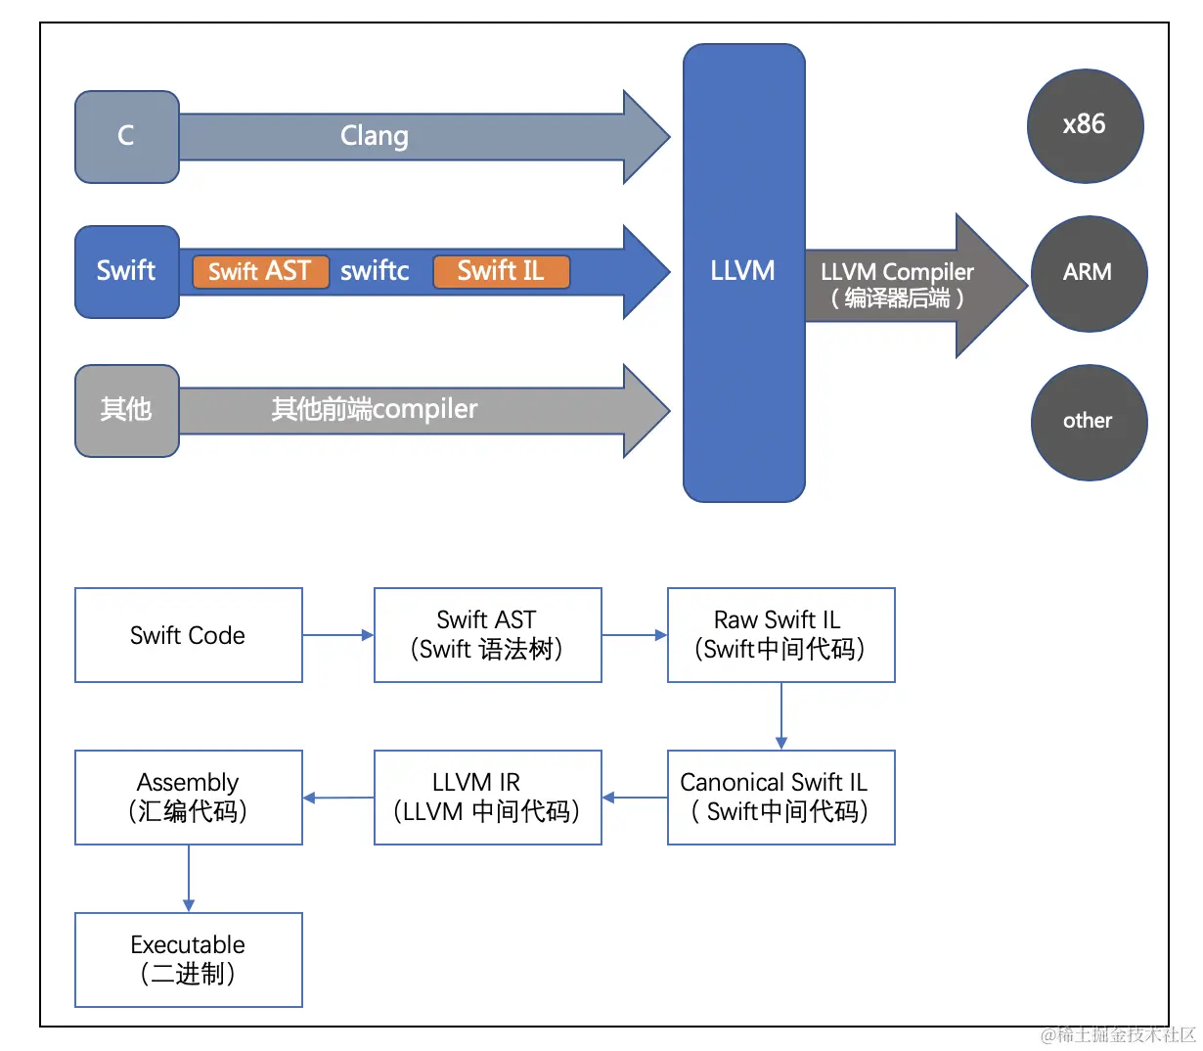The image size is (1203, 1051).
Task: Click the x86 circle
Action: click(x=1085, y=125)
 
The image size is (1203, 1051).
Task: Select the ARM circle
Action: click(x=1089, y=273)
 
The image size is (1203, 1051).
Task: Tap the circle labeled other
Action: click(x=1089, y=422)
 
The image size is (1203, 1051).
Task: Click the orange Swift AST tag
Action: click(x=260, y=271)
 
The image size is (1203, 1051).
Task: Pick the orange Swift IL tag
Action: click(x=501, y=271)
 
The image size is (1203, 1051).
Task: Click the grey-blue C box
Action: click(x=127, y=136)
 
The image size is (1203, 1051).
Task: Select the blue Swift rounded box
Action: click(x=127, y=271)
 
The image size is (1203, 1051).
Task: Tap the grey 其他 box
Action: click(x=127, y=410)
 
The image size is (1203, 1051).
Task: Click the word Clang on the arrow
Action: click(x=375, y=136)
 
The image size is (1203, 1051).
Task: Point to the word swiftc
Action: click(x=375, y=271)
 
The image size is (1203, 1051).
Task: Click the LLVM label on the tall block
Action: click(x=743, y=271)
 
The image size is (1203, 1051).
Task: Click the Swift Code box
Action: click(x=189, y=635)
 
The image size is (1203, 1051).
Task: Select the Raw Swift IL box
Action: click(x=780, y=635)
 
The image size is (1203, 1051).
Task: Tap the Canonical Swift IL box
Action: click(x=780, y=798)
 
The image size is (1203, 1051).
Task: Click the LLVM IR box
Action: click(x=487, y=798)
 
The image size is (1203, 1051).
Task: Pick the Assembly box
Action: click(x=189, y=798)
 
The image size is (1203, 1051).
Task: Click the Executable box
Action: click(x=189, y=960)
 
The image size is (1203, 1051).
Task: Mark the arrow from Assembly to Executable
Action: click(x=189, y=879)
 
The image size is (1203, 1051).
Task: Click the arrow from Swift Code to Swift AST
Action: click(x=338, y=635)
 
